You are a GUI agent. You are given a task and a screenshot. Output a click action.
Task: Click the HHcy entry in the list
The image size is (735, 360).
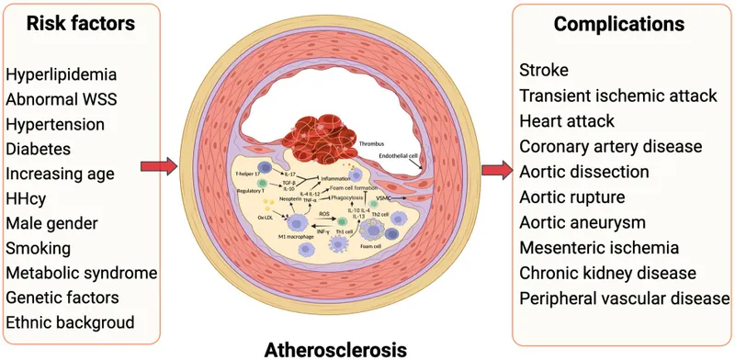click(x=28, y=197)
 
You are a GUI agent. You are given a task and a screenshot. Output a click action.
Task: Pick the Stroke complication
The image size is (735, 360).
click(x=543, y=70)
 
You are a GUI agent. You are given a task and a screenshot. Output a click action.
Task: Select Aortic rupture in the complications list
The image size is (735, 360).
click(x=571, y=197)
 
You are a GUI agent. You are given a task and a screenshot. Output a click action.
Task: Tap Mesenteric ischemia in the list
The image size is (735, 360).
click(x=600, y=247)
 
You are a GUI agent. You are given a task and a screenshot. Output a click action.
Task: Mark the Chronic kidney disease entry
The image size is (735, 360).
click(x=611, y=273)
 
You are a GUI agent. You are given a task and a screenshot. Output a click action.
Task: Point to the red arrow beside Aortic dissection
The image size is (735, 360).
click(x=495, y=169)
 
